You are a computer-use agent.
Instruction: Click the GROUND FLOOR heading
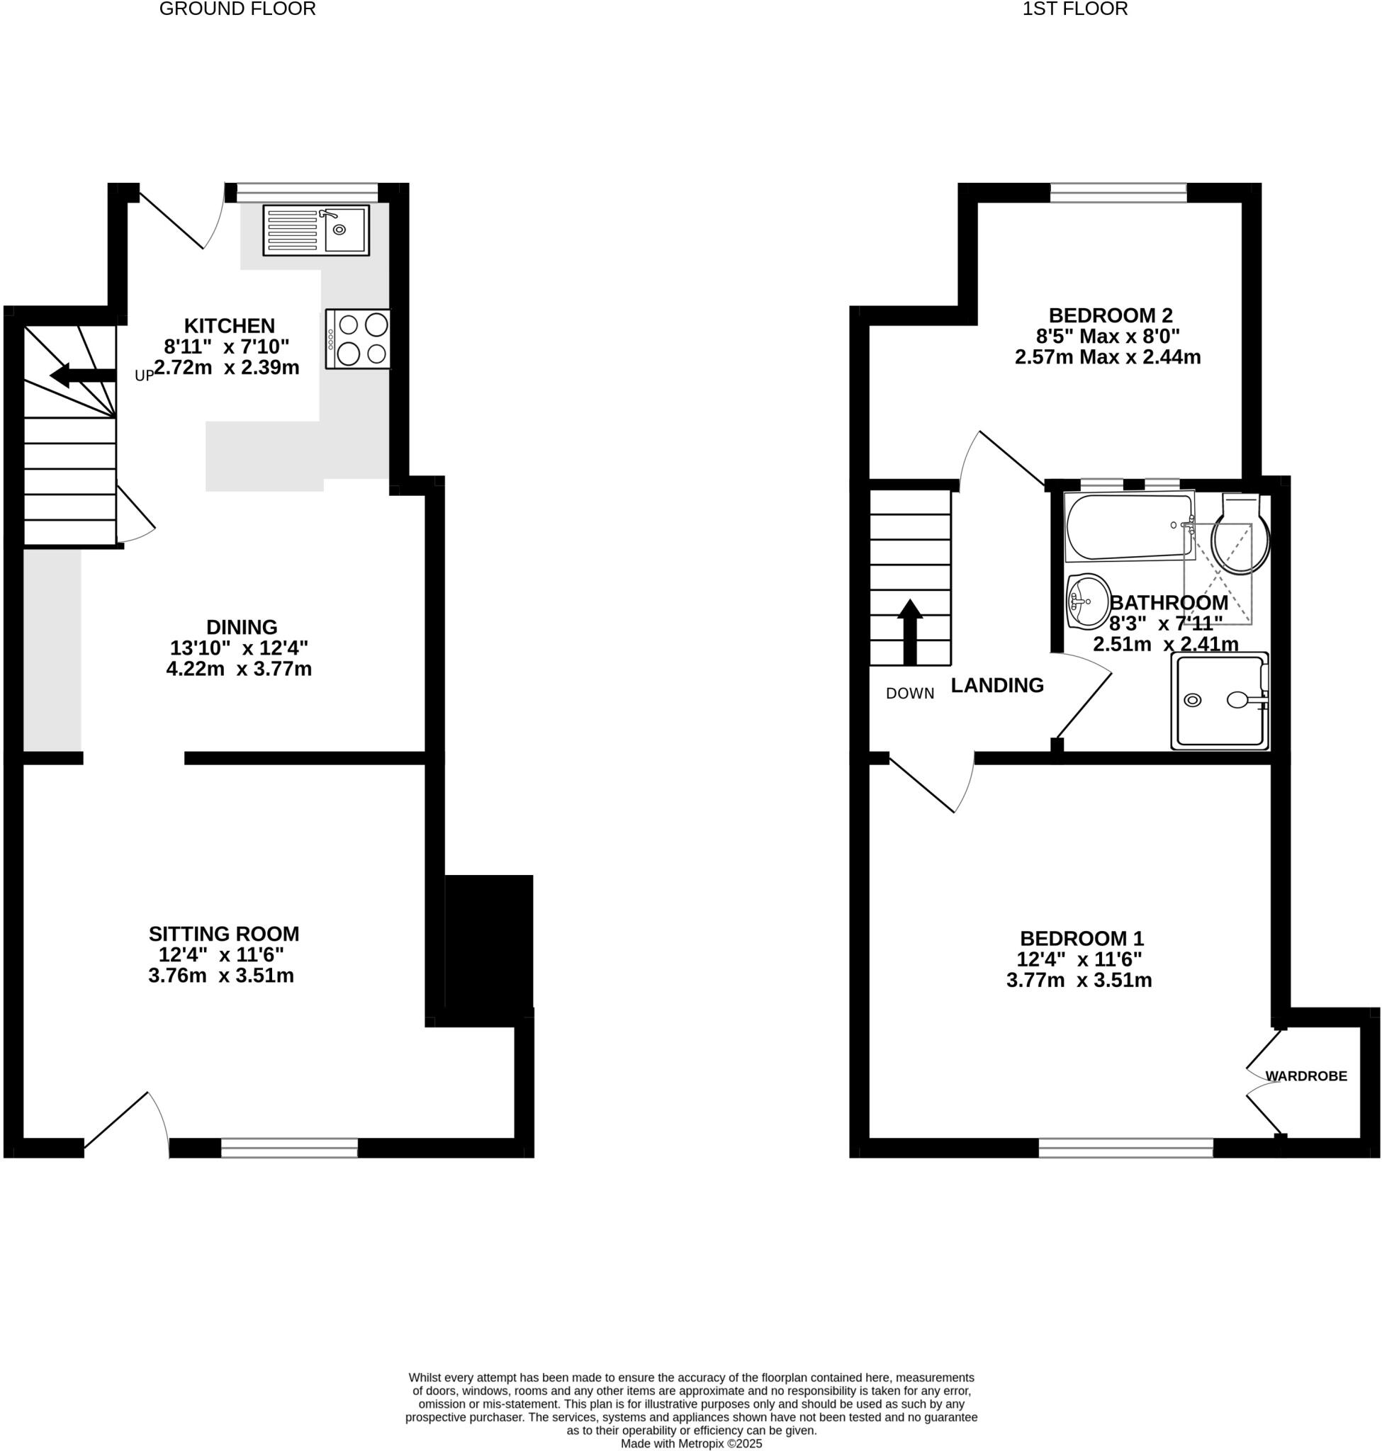(237, 9)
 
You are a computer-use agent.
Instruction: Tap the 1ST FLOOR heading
(1075, 9)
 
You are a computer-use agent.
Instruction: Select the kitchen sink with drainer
(316, 230)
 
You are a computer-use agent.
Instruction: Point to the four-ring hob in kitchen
(358, 339)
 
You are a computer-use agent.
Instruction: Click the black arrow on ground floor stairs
(82, 375)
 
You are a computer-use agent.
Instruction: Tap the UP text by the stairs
(144, 376)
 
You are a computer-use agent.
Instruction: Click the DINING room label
(242, 627)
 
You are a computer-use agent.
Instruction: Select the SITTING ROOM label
(224, 934)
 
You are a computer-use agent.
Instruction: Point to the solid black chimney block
(488, 943)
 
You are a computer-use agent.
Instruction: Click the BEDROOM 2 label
(1110, 315)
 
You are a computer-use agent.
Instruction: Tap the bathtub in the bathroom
(1127, 526)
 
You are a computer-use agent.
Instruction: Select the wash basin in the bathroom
(1088, 601)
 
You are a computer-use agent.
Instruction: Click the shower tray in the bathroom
(1220, 701)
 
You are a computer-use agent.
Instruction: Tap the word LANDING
(996, 685)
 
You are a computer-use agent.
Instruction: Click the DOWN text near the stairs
(910, 693)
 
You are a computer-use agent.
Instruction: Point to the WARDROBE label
(1306, 1076)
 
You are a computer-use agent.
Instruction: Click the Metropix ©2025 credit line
(691, 1444)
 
